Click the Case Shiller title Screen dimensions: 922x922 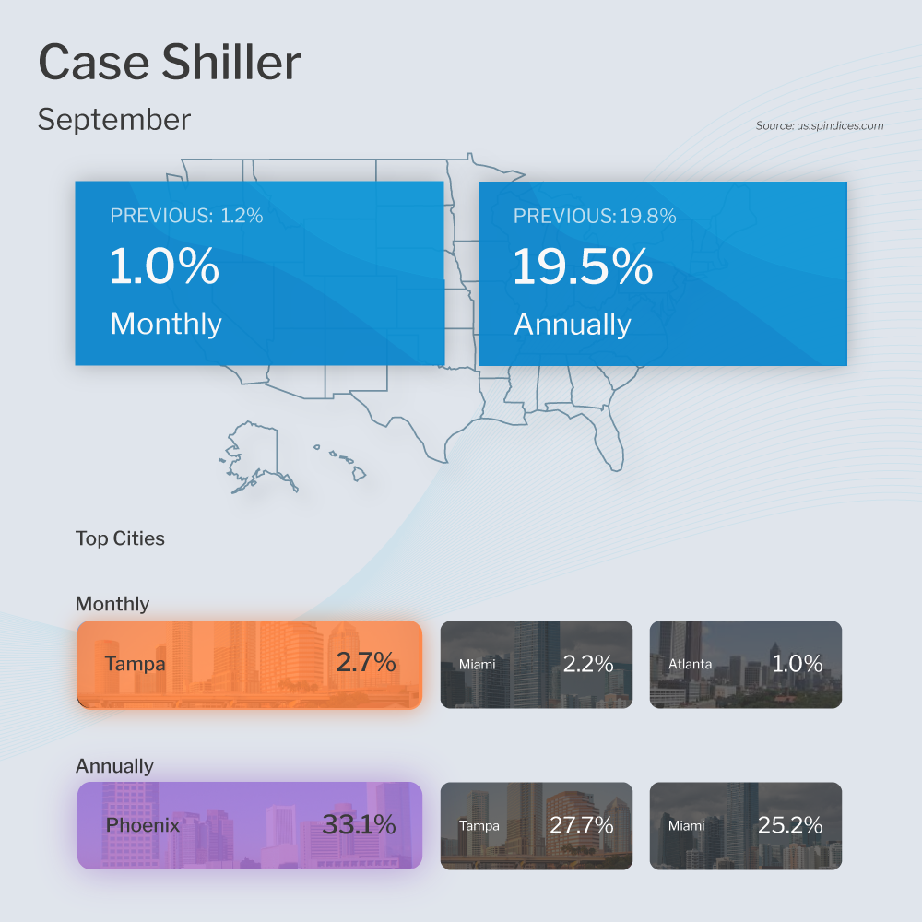tap(170, 63)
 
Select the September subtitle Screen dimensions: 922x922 tap(114, 120)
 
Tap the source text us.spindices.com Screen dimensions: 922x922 tap(820, 125)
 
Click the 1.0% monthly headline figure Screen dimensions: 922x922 tap(165, 266)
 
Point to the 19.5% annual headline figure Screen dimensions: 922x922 tap(583, 266)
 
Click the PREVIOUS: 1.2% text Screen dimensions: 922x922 tap(186, 216)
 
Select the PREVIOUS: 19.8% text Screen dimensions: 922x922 tap(595, 216)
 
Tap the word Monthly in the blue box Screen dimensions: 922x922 tap(166, 324)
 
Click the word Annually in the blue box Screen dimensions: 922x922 tap(572, 324)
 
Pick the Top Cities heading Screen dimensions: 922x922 tap(120, 538)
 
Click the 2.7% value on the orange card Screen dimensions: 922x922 tap(366, 662)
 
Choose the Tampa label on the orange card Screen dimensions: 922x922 tap(135, 663)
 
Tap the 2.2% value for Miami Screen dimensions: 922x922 tap(588, 663)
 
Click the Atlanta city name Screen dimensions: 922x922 tap(690, 664)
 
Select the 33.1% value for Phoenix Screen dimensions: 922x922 tap(359, 824)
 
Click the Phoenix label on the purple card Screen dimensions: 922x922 tap(143, 824)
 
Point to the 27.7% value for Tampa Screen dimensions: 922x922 tap(582, 825)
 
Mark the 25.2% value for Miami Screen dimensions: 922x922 tap(790, 825)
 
